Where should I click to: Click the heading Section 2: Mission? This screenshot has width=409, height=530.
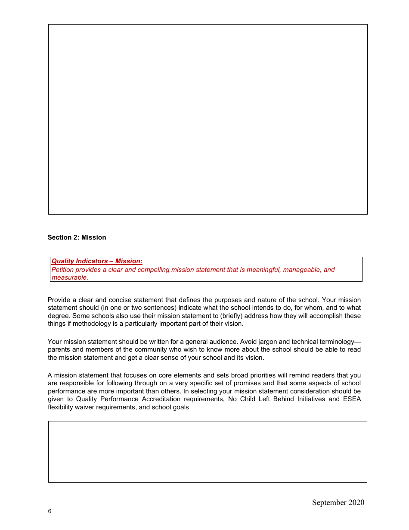coord(77,237)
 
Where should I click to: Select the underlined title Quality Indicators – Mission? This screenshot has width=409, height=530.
coord(97,261)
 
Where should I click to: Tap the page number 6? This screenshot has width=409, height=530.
coord(50,511)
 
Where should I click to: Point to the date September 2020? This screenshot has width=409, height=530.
coord(338,502)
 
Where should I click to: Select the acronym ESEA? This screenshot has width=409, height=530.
coord(352,399)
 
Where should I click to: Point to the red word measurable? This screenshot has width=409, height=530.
coord(69,277)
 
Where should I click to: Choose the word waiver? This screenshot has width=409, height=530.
coord(86,407)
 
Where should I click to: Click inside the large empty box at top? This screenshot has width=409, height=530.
coord(208,119)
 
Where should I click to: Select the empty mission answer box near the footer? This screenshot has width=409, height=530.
coord(208,452)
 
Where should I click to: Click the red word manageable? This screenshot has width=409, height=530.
coord(299,270)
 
